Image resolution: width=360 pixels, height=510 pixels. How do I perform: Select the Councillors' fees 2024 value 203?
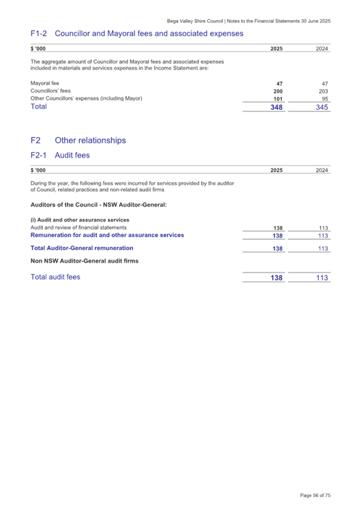(323, 91)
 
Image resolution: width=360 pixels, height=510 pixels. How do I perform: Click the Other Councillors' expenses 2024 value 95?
(324, 99)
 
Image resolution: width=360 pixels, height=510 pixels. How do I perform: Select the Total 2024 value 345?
(321, 107)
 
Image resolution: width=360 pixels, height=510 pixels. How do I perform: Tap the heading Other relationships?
(90, 141)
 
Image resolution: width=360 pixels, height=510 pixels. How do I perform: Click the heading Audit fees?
(73, 156)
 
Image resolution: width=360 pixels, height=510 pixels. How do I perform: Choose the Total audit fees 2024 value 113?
(321, 278)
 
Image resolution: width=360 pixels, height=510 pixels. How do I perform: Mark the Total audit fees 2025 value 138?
(275, 278)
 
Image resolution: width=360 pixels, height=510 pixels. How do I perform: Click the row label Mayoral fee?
(45, 83)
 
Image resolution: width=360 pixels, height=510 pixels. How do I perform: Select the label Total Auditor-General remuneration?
(82, 248)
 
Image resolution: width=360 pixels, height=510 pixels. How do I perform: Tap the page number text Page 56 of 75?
(315, 496)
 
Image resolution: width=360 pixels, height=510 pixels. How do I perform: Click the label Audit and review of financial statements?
(78, 228)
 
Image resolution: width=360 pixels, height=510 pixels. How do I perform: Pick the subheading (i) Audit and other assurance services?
(80, 220)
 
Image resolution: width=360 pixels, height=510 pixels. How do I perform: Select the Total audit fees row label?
(55, 277)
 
